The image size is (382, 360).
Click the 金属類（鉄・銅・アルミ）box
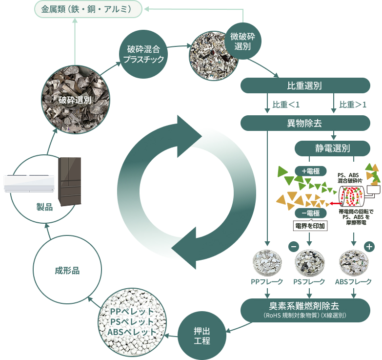click(x=88, y=9)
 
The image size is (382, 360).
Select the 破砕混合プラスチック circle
click(x=143, y=54)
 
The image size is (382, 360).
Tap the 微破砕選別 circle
click(x=242, y=41)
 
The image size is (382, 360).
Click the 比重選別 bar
click(x=305, y=85)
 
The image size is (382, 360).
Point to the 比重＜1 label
click(x=286, y=105)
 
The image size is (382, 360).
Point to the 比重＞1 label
click(x=353, y=105)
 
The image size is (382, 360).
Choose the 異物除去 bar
click(x=305, y=123)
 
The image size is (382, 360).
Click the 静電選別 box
click(x=332, y=148)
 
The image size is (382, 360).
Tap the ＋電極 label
click(x=311, y=171)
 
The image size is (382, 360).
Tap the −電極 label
click(x=311, y=213)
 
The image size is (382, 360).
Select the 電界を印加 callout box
click(x=310, y=226)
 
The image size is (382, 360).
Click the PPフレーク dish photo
click(x=267, y=263)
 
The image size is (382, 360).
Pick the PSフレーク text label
click(x=309, y=282)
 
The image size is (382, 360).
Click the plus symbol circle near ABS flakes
click(x=369, y=247)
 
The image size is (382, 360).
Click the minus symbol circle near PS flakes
click(x=294, y=246)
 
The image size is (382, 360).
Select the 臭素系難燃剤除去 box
click(x=305, y=310)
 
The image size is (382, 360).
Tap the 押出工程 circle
click(x=202, y=336)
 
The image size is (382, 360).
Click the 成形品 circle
click(x=67, y=270)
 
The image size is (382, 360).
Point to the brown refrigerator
click(x=70, y=181)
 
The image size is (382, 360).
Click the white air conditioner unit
click(x=29, y=183)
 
